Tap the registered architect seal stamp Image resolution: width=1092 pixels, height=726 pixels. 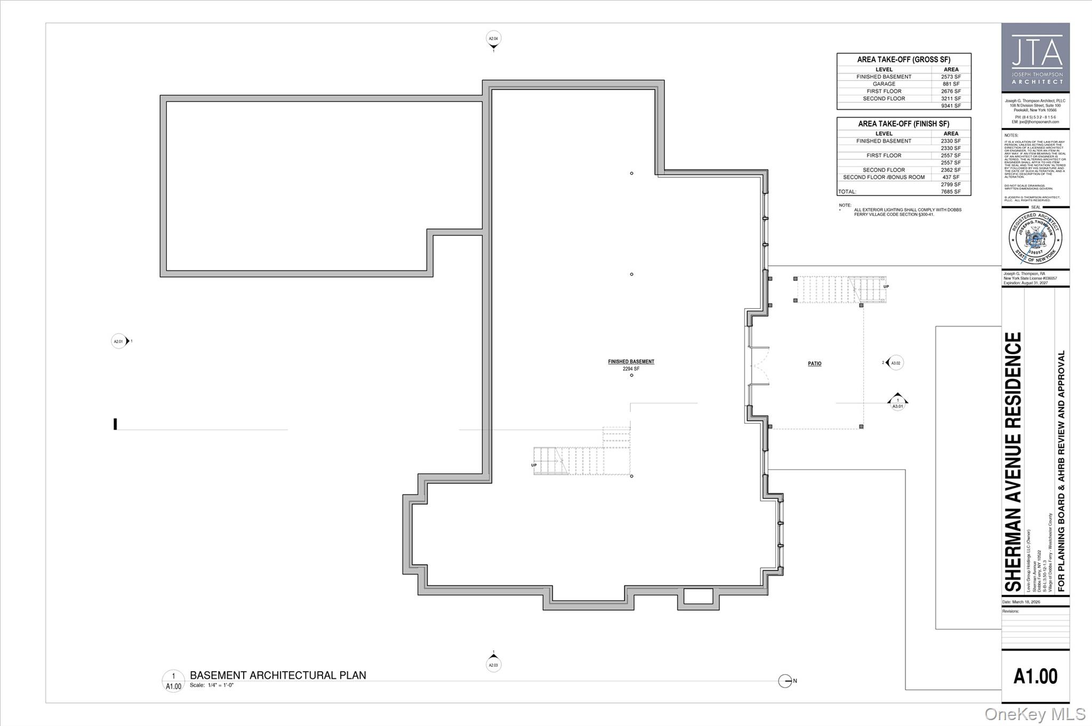pos(1035,238)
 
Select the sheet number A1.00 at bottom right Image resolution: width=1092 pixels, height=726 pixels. pos(1035,676)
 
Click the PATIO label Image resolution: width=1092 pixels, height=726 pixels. pos(814,364)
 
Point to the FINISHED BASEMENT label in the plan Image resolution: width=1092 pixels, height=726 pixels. pos(631,361)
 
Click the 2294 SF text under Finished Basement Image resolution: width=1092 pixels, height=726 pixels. pos(631,369)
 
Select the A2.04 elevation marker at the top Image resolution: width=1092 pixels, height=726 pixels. pos(493,39)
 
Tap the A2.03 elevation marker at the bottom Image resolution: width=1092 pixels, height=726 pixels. pos(493,665)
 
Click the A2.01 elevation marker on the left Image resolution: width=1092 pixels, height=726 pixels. pos(118,341)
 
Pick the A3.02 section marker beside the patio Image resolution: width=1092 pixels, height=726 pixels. pos(896,363)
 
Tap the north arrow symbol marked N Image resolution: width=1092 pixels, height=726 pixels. pos(785,681)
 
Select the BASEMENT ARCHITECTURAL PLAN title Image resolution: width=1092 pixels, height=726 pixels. pos(278,675)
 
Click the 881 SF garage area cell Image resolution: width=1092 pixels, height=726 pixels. pos(951,84)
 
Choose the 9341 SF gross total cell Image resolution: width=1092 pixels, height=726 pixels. pos(951,106)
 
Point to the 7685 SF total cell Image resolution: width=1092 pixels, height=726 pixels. pos(951,192)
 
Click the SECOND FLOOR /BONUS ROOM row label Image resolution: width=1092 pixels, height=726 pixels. pos(884,178)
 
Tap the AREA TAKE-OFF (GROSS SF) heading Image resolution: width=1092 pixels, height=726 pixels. pos(903,60)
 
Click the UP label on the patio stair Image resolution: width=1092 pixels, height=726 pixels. pos(886,287)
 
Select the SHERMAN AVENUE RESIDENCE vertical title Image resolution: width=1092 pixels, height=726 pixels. pos(1013,462)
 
